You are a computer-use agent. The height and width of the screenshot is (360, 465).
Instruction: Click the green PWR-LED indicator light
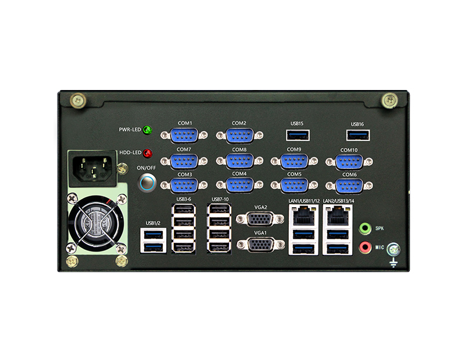[x=148, y=130]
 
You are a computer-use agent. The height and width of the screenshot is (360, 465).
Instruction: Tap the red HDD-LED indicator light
[x=148, y=153]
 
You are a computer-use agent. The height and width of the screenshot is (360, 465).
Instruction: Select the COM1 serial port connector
[x=184, y=135]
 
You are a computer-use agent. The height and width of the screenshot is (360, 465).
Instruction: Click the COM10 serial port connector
[x=349, y=162]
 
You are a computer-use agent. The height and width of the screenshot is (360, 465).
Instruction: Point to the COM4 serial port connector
[x=239, y=185]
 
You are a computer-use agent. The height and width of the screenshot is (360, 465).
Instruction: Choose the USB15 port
[x=298, y=135]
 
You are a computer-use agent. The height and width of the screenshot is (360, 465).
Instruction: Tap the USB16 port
[x=358, y=135]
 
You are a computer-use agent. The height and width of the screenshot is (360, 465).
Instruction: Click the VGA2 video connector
[x=260, y=219]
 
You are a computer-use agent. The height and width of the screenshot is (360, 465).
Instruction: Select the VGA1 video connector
[x=260, y=244]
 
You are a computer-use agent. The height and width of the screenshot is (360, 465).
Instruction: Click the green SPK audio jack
[x=365, y=228]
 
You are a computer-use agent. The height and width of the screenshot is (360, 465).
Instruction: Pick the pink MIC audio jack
[x=365, y=247]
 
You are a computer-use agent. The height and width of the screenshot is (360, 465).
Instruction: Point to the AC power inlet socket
[x=92, y=168]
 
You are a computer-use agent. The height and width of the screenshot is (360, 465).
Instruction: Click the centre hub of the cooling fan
[x=98, y=224]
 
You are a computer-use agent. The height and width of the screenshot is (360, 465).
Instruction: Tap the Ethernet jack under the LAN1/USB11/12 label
[x=303, y=216]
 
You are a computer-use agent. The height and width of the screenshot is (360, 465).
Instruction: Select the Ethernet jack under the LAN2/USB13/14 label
[x=338, y=216]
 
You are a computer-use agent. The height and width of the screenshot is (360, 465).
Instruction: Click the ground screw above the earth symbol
[x=394, y=250]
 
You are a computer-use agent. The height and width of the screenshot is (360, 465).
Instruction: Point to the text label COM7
[x=184, y=150]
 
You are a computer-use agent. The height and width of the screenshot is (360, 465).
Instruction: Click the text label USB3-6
[x=184, y=199]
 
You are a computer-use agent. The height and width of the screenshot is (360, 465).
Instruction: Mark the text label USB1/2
[x=153, y=223]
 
